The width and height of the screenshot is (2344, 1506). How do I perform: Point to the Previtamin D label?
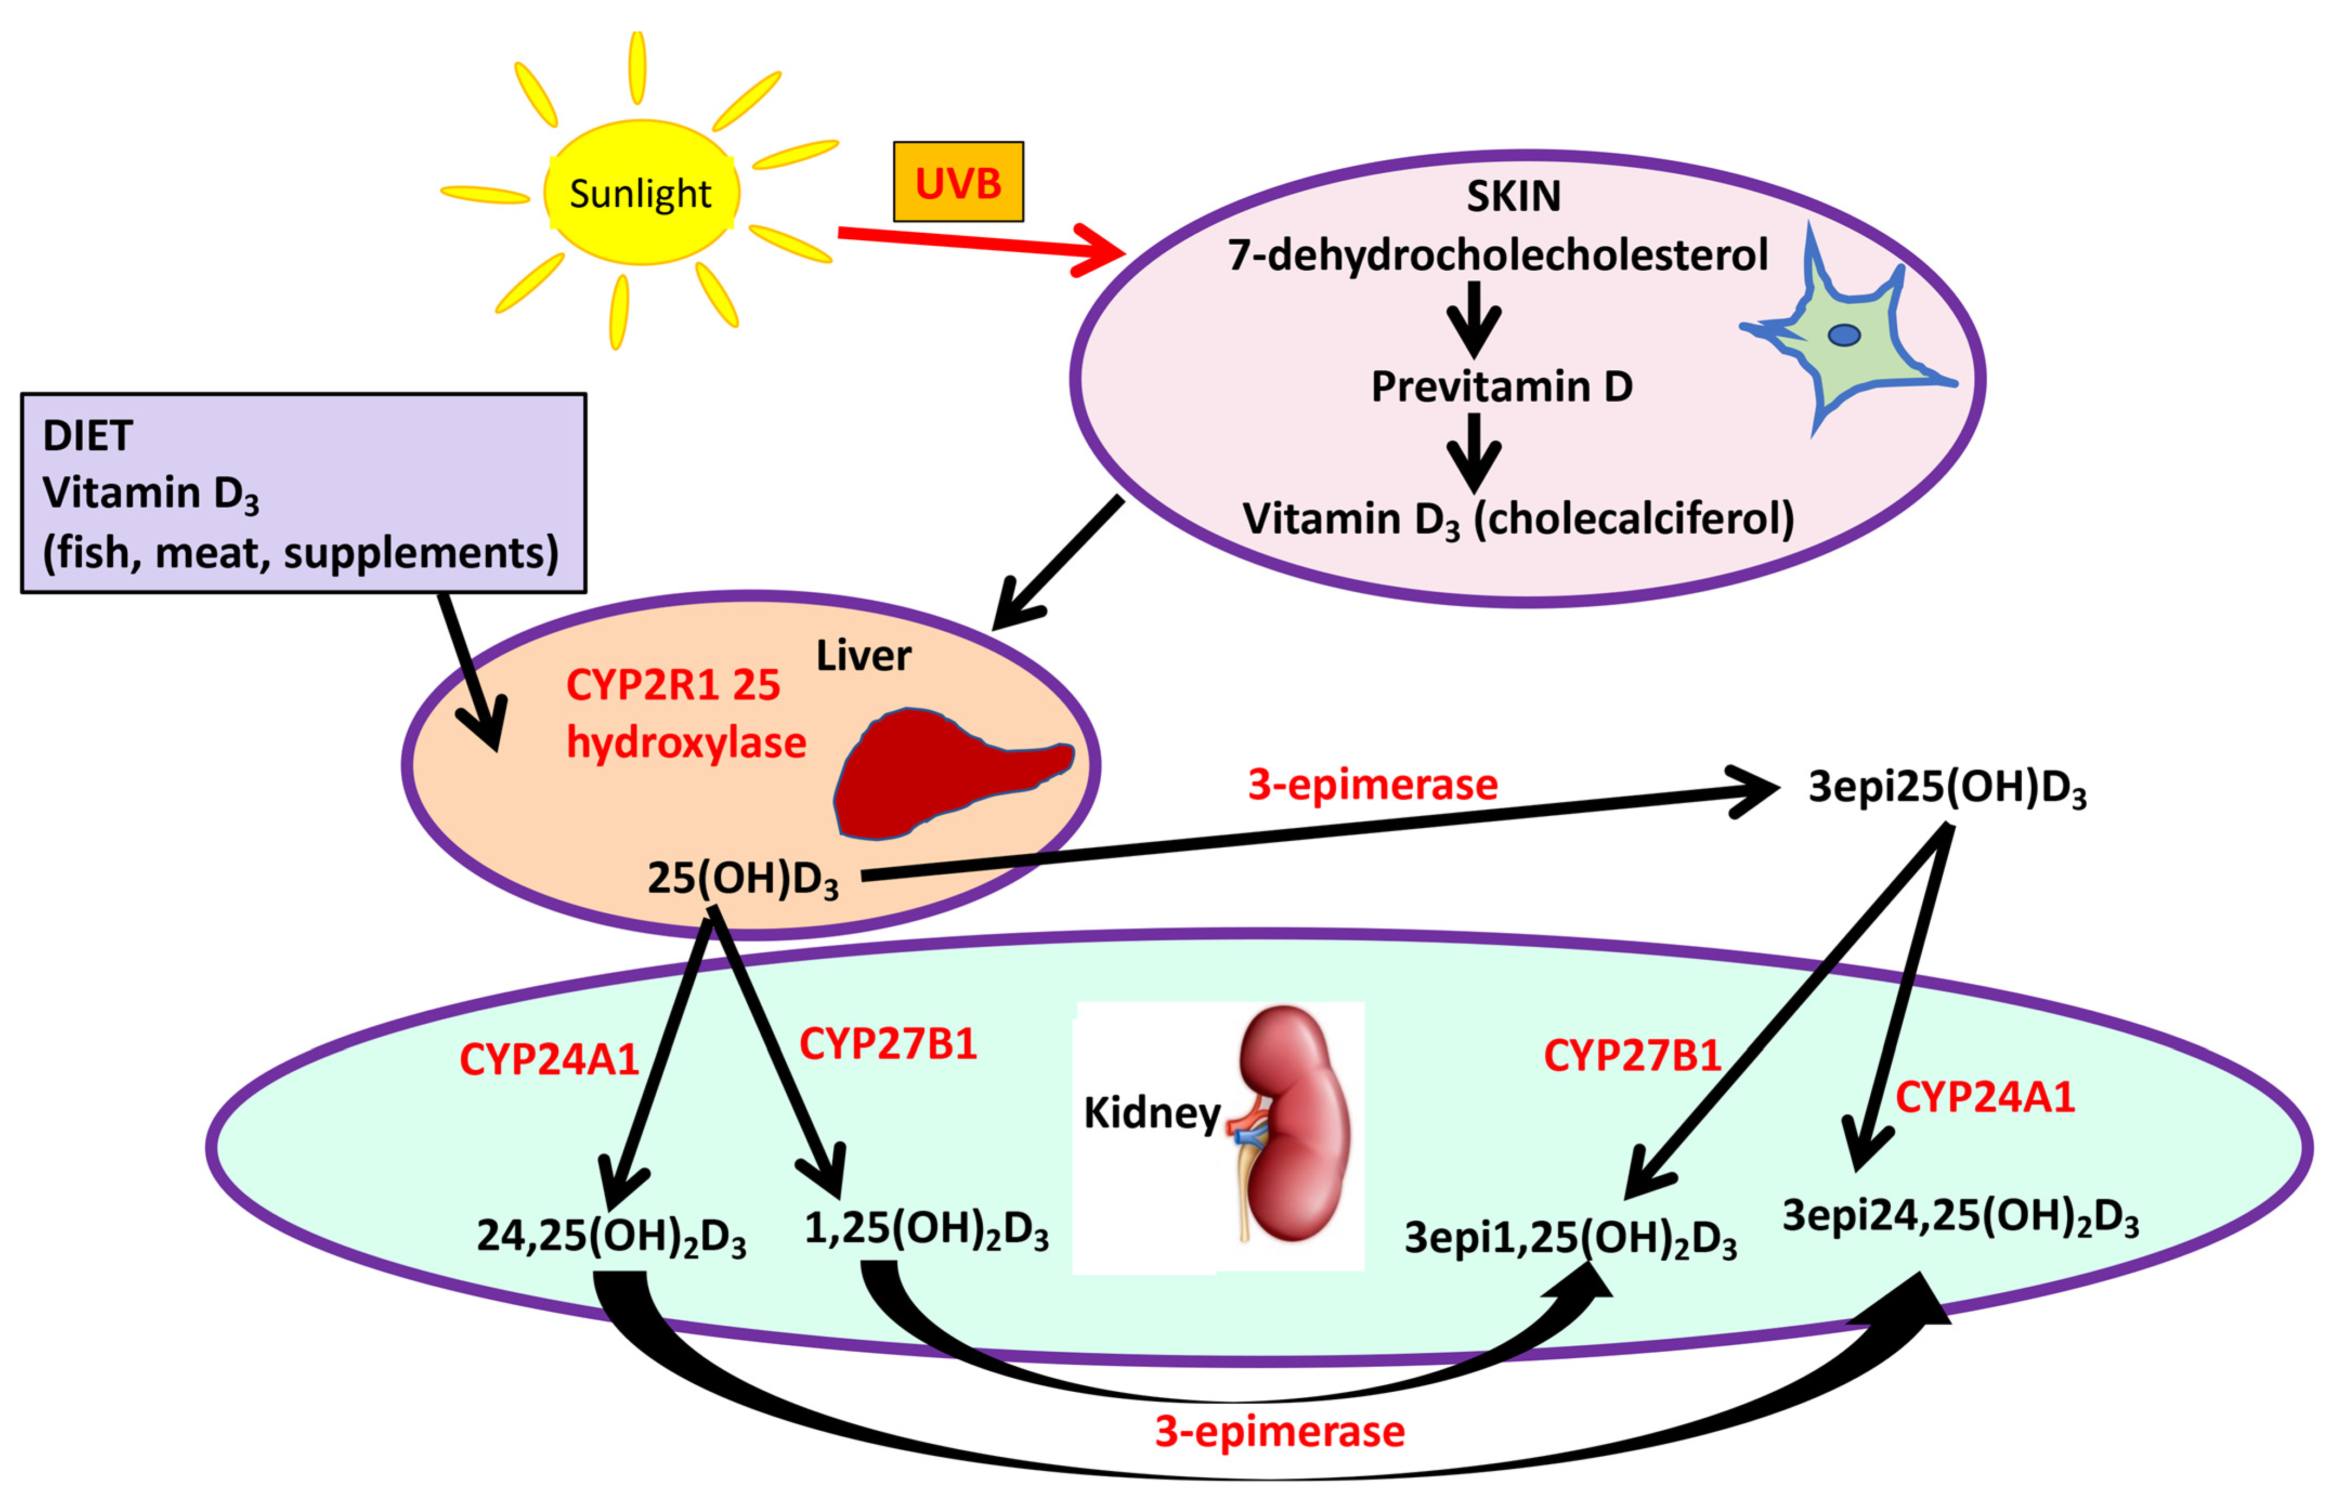tap(1501, 387)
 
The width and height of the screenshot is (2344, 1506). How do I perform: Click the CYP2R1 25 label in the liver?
tap(673, 685)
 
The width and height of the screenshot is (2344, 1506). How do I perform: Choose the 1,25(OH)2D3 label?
tap(925, 1229)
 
